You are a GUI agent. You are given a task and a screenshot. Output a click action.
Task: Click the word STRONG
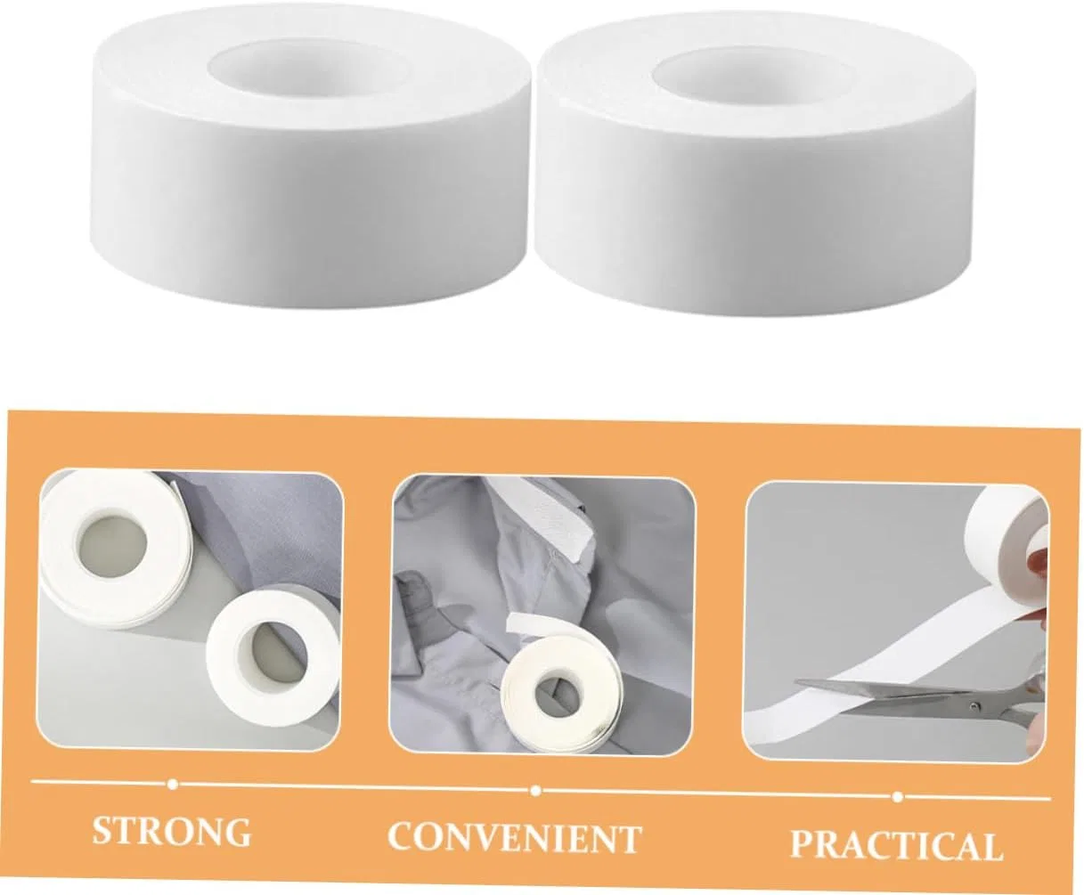click(x=172, y=831)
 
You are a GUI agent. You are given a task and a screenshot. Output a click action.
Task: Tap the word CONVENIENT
click(x=514, y=837)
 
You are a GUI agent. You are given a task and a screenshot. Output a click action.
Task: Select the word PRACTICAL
click(x=897, y=844)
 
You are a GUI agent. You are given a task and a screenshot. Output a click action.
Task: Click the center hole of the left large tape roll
click(x=310, y=65)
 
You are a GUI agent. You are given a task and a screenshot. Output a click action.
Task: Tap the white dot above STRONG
click(x=173, y=784)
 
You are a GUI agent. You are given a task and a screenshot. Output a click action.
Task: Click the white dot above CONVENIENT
click(x=536, y=791)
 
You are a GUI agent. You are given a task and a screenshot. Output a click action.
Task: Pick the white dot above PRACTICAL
click(x=898, y=796)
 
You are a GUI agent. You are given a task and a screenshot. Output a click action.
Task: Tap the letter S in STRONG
click(x=102, y=830)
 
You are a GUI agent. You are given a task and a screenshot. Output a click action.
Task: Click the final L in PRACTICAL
click(x=991, y=847)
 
